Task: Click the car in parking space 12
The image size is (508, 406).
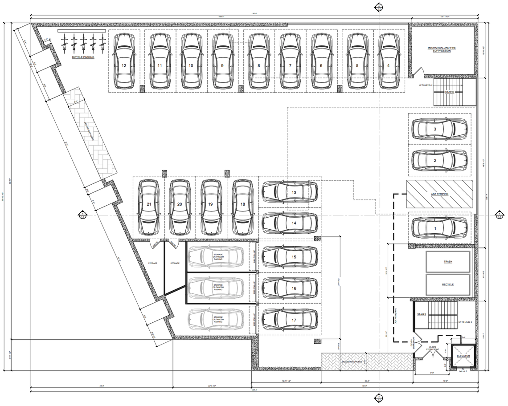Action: tap(124, 61)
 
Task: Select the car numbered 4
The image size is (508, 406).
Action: tap(388, 61)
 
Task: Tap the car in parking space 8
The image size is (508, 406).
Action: tap(258, 61)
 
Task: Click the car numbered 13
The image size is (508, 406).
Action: tap(290, 192)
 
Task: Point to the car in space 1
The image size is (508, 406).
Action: tap(439, 228)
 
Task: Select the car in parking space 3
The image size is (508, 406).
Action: tap(439, 129)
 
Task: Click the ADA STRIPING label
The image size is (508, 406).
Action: tap(439, 195)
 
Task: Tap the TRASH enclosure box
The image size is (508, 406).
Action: tap(448, 262)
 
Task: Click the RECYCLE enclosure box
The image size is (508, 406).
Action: tap(448, 284)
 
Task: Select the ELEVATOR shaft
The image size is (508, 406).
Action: tap(463, 356)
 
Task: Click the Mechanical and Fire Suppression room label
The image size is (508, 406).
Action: tap(439, 49)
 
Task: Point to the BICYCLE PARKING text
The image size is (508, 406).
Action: tap(83, 57)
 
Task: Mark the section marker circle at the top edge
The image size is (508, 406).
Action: tap(378, 7)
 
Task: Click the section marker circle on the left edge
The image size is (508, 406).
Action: tap(82, 215)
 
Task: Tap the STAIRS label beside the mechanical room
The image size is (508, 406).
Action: tap(450, 92)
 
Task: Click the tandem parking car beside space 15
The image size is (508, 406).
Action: tap(216, 257)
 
